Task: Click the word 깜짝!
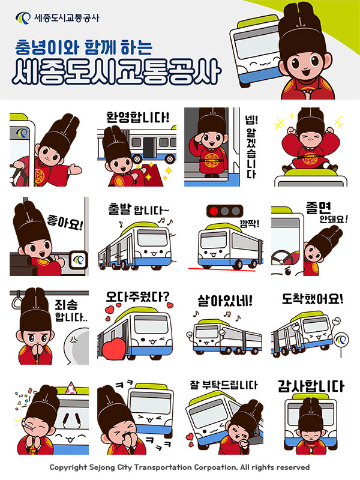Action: (247, 223)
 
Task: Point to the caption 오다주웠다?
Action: (137, 296)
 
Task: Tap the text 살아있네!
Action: (224, 298)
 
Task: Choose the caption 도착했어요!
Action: (313, 298)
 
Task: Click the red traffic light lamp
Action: (214, 211)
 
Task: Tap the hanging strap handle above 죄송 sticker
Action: (18, 296)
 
